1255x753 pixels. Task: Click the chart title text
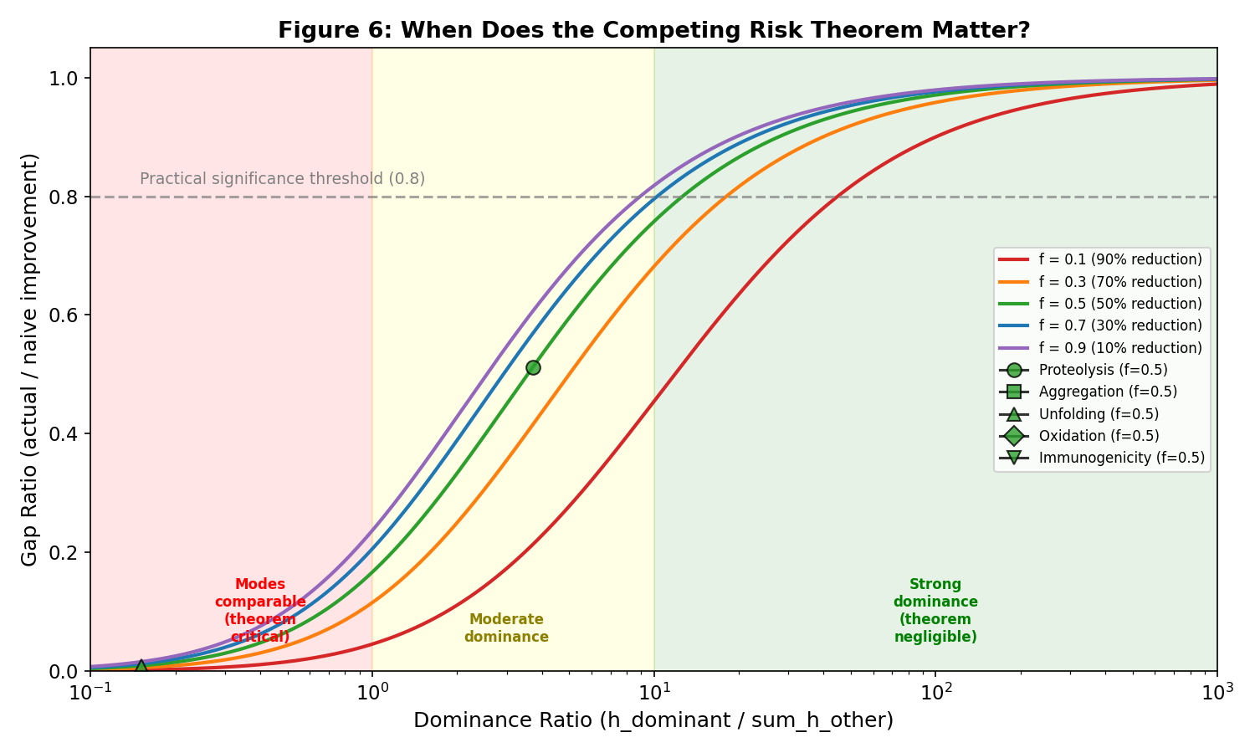pos(653,31)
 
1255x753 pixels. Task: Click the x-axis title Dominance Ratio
pos(653,720)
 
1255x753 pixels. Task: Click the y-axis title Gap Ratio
pos(30,359)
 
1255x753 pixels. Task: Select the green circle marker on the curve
pos(533,367)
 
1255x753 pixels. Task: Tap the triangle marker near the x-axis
pos(141,667)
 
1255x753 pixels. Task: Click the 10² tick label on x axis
pos(936,691)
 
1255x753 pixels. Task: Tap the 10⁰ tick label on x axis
pos(372,691)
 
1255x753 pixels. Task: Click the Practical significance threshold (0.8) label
pos(282,179)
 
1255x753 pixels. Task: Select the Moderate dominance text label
pos(506,628)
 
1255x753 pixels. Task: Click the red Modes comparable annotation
pos(260,611)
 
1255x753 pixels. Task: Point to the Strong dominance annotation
pos(935,611)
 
